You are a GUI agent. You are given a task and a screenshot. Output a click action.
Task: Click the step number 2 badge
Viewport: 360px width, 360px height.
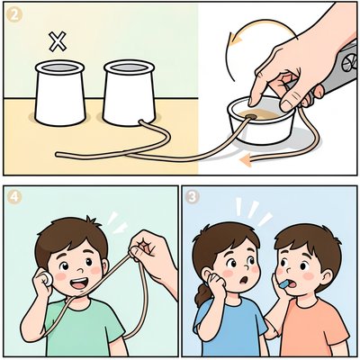[14, 15]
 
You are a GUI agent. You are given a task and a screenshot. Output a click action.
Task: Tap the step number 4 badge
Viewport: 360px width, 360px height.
[14, 198]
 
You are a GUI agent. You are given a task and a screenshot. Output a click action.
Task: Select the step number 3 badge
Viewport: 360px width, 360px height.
[193, 197]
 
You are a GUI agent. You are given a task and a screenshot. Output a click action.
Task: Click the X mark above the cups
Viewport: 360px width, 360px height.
[58, 41]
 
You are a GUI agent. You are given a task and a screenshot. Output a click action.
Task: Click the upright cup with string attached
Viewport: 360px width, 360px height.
[129, 92]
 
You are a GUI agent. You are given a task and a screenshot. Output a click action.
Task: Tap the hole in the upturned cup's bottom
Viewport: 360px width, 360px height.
[251, 116]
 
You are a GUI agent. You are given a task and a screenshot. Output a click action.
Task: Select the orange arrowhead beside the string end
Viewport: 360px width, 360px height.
[246, 160]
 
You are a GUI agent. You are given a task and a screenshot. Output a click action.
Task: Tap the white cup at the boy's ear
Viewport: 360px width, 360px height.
[47, 278]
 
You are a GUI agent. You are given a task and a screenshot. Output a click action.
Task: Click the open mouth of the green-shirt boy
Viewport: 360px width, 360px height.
[80, 283]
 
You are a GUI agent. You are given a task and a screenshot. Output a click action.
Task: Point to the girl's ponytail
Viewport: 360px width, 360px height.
[202, 294]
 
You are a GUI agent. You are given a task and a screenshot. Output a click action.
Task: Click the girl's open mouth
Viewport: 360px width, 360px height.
[244, 281]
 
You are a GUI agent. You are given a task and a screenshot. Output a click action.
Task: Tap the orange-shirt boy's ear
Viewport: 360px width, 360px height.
[328, 277]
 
